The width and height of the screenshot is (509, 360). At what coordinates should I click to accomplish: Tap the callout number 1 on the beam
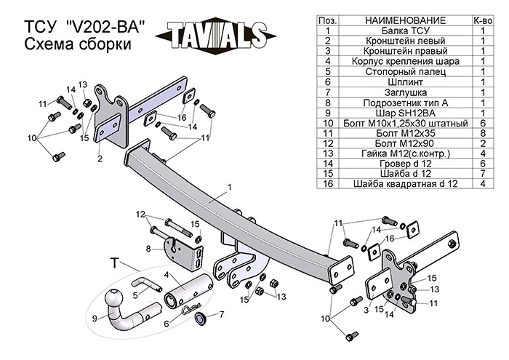click(229, 188)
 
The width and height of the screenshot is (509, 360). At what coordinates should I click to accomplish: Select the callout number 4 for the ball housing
click(167, 276)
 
